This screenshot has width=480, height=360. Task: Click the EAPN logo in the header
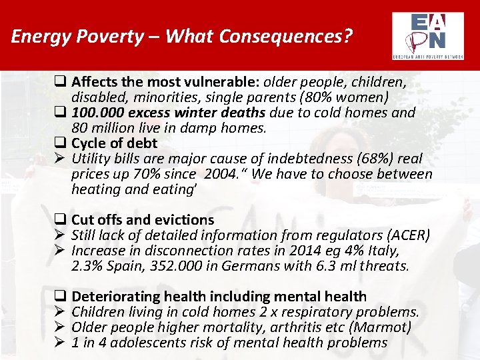429,36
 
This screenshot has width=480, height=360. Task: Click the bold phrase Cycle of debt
114,143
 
